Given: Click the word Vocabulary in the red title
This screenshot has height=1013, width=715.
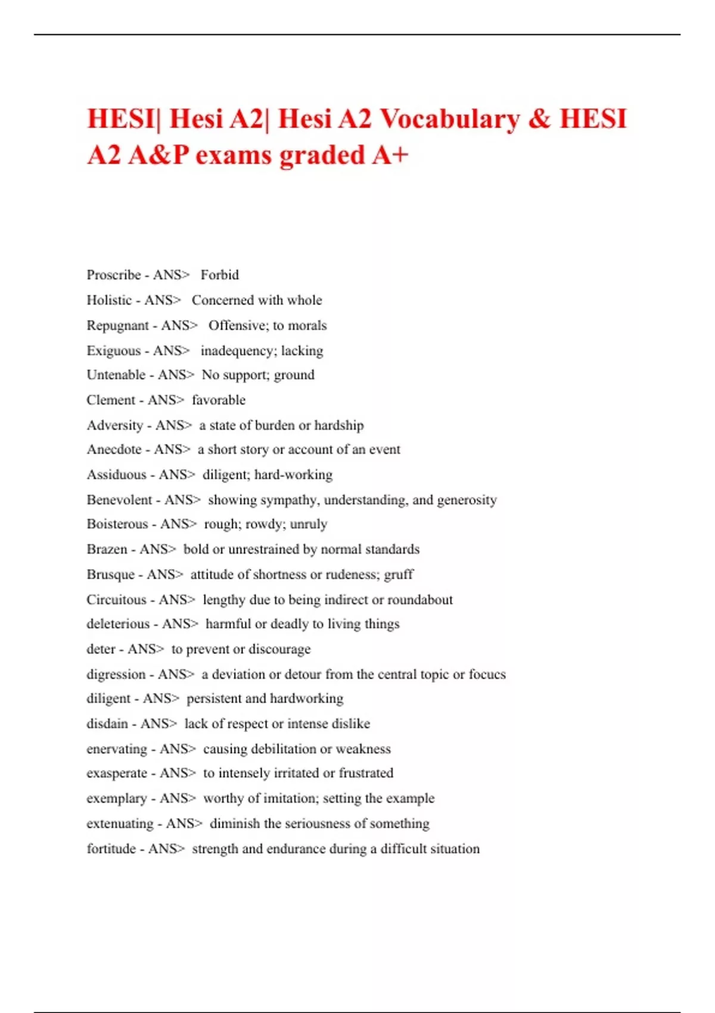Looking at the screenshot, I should point(450,119).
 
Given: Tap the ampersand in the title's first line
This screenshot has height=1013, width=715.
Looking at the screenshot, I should point(539,119).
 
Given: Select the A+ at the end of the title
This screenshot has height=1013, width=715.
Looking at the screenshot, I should point(390,155).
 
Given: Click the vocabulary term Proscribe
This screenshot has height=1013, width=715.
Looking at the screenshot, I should point(114,275).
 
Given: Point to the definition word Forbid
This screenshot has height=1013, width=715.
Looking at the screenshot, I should point(219,275).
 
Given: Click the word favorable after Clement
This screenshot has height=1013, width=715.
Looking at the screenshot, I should point(218,400).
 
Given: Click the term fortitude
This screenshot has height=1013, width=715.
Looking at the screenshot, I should point(111,849).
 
